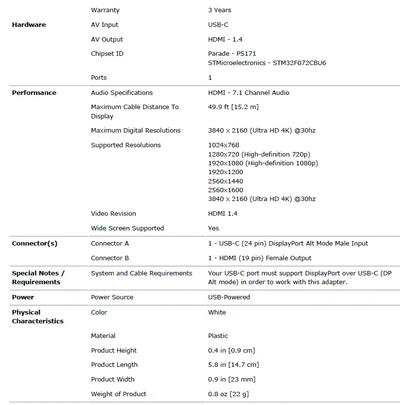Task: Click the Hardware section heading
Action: (x=29, y=25)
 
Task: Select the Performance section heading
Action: (x=34, y=93)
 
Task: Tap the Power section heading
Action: (x=23, y=297)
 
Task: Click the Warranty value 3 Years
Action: (x=220, y=10)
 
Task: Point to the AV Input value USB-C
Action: (x=218, y=25)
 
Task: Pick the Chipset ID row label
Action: (x=107, y=54)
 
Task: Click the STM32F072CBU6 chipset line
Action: (x=267, y=63)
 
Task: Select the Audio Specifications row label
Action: (x=122, y=93)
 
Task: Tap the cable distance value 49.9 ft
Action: (x=233, y=107)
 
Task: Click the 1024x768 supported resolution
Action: (x=224, y=145)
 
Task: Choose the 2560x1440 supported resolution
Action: (x=226, y=181)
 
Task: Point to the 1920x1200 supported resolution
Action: (x=226, y=172)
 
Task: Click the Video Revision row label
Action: (x=113, y=214)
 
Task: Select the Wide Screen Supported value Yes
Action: (x=213, y=228)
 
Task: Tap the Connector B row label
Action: (x=110, y=258)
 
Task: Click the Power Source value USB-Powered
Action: (x=229, y=297)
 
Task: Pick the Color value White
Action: (x=217, y=313)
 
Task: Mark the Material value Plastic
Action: (x=218, y=336)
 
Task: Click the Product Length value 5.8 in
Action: (x=233, y=365)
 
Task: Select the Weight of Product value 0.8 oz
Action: (x=228, y=394)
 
